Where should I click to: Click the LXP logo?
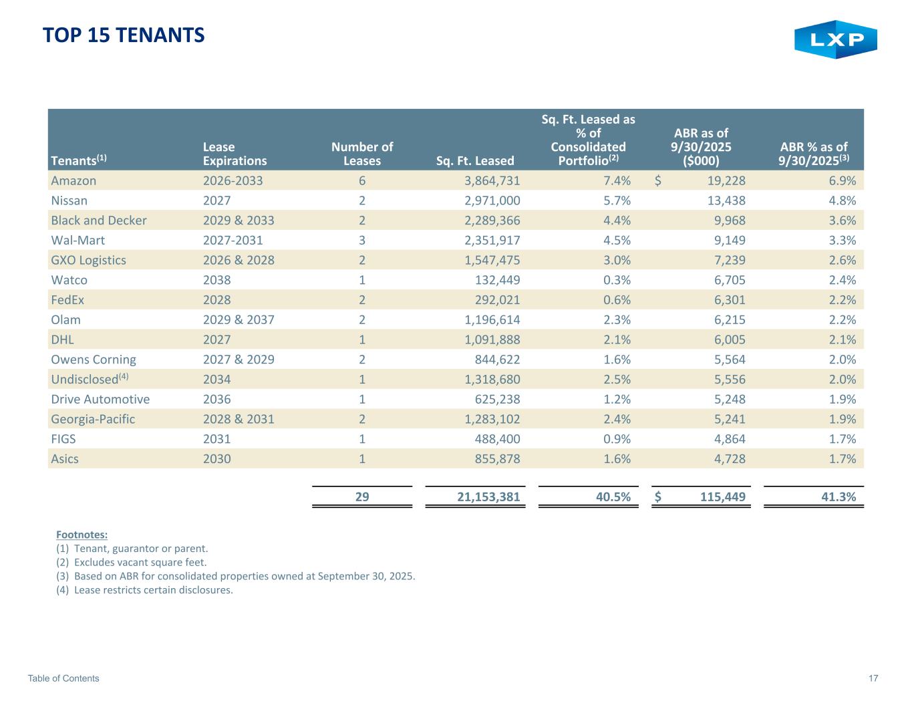coord(835,39)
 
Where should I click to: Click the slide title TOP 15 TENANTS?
coord(124,35)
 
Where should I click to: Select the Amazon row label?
coord(73,180)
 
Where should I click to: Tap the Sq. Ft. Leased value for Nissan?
coord(492,200)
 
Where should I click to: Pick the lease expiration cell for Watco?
coord(217,280)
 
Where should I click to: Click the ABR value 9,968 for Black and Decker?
coord(726,221)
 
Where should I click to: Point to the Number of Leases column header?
coord(362,154)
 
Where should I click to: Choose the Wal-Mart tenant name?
coord(78,240)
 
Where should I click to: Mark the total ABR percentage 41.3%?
coord(838,497)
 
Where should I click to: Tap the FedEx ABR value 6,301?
coord(726,300)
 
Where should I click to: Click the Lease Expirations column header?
coord(235,154)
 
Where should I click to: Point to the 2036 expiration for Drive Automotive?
coord(217,399)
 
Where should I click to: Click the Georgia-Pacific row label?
coord(93,419)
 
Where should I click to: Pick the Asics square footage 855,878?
coord(492,458)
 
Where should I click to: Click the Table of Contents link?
coord(63,678)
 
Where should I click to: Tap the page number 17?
coord(873,678)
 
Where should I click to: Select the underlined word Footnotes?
coord(82,535)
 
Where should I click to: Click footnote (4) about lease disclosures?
coord(145,590)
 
